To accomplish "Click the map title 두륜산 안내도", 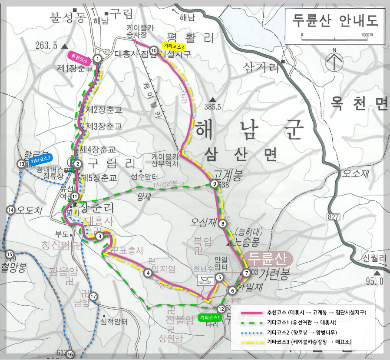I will click(333, 20).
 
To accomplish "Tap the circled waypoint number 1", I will click(98, 58).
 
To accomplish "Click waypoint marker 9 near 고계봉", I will click(214, 184).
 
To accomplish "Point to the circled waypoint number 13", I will click(21, 164).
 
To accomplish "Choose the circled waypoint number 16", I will click(70, 354).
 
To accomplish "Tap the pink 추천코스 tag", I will click(79, 56).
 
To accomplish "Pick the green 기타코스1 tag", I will click(210, 317).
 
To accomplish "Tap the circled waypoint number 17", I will click(93, 297).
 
